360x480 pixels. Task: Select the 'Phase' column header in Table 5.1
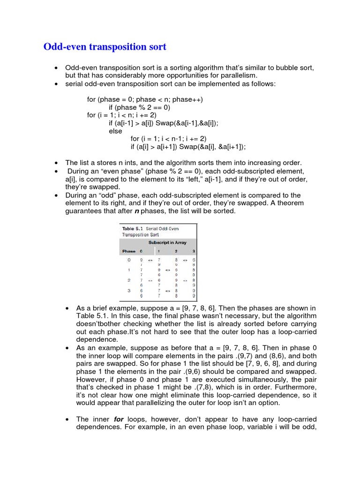129,251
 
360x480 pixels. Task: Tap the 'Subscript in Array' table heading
167,242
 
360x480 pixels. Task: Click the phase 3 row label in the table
129,290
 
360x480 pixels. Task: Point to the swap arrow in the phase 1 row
167,270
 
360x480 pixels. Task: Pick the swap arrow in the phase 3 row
167,290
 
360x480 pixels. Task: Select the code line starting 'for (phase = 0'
145,99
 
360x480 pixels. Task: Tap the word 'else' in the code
115,131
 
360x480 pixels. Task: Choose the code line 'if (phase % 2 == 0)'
140,107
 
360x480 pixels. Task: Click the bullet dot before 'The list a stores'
56,162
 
